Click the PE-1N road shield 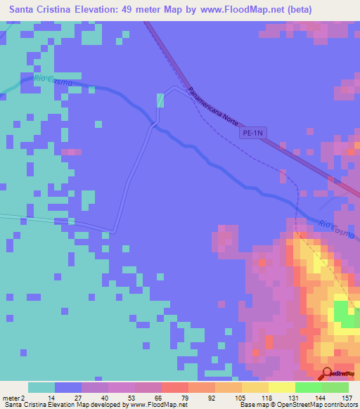coord(254,131)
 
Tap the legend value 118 coord(268,397)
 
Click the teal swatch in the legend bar coord(41,387)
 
